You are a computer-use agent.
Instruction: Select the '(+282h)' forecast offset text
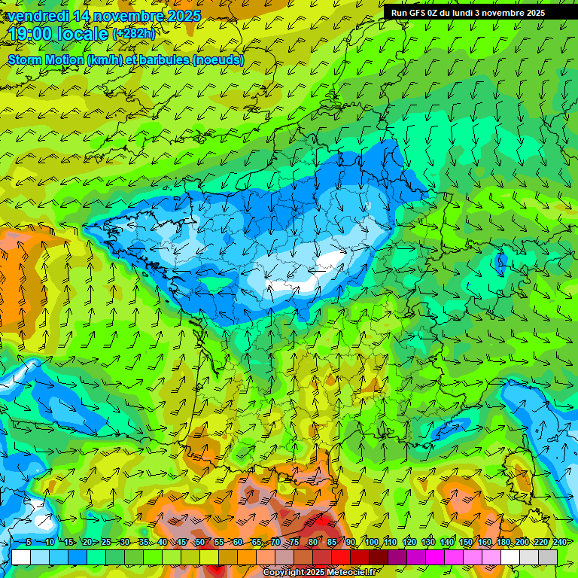click(x=134, y=35)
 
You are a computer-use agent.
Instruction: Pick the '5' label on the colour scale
click(x=29, y=542)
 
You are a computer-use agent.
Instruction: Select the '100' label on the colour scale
click(x=372, y=542)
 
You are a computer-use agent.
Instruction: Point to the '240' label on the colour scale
click(x=558, y=542)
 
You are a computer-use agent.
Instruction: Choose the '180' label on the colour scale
click(x=503, y=542)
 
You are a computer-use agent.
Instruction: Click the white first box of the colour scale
click(x=21, y=557)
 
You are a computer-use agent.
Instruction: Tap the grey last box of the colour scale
click(x=548, y=557)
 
